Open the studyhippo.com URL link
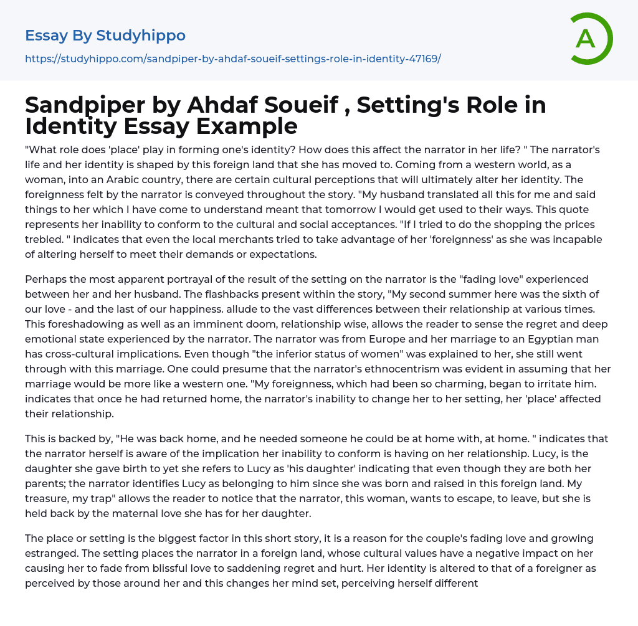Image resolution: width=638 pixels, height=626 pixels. click(233, 59)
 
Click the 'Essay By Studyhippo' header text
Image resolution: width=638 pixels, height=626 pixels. click(105, 36)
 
